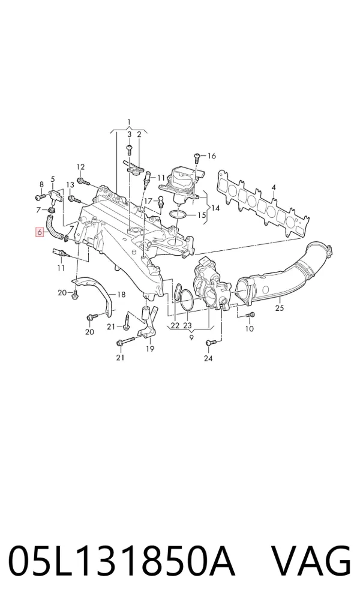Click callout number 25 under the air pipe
click(x=280, y=309)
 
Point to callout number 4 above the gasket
click(x=274, y=188)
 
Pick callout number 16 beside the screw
click(x=211, y=156)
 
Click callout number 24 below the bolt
click(x=208, y=358)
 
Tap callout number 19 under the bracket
click(x=150, y=349)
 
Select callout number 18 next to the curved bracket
click(x=121, y=295)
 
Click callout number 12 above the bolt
click(x=80, y=167)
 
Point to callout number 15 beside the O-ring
click(x=201, y=215)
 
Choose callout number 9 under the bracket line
click(x=191, y=338)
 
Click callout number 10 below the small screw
click(x=250, y=328)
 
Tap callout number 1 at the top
click(x=129, y=122)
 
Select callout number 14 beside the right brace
click(x=215, y=208)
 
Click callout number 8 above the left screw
click(x=41, y=184)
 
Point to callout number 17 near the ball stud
click(x=148, y=200)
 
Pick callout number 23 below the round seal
click(x=188, y=325)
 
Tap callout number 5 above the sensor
click(x=53, y=179)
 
